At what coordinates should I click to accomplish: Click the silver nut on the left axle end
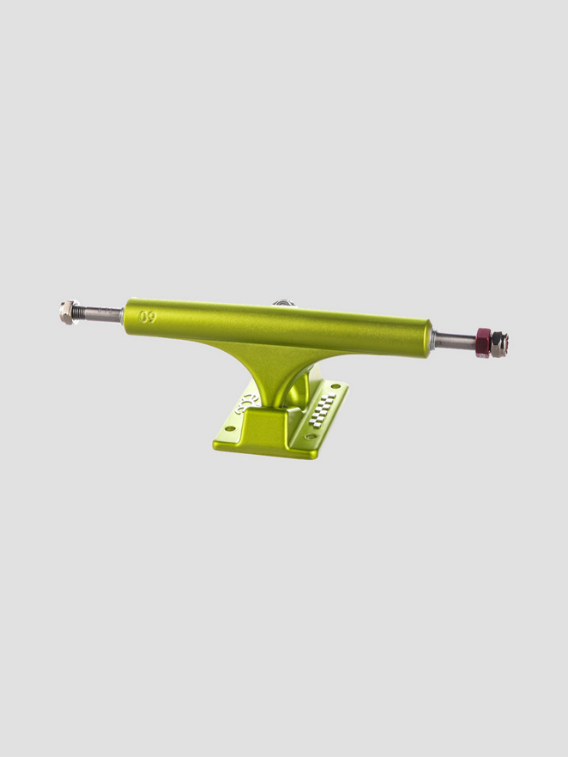pos(68,312)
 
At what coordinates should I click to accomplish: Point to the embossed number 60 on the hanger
pos(148,316)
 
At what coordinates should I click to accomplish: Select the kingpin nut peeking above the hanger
pos(284,303)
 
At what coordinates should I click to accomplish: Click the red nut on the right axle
pos(483,342)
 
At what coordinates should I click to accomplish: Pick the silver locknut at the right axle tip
pos(499,344)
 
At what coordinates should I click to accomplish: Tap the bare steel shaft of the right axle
pos(454,341)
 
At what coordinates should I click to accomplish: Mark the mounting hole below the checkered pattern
pos(310,436)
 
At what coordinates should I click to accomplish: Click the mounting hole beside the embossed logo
pos(229,428)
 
